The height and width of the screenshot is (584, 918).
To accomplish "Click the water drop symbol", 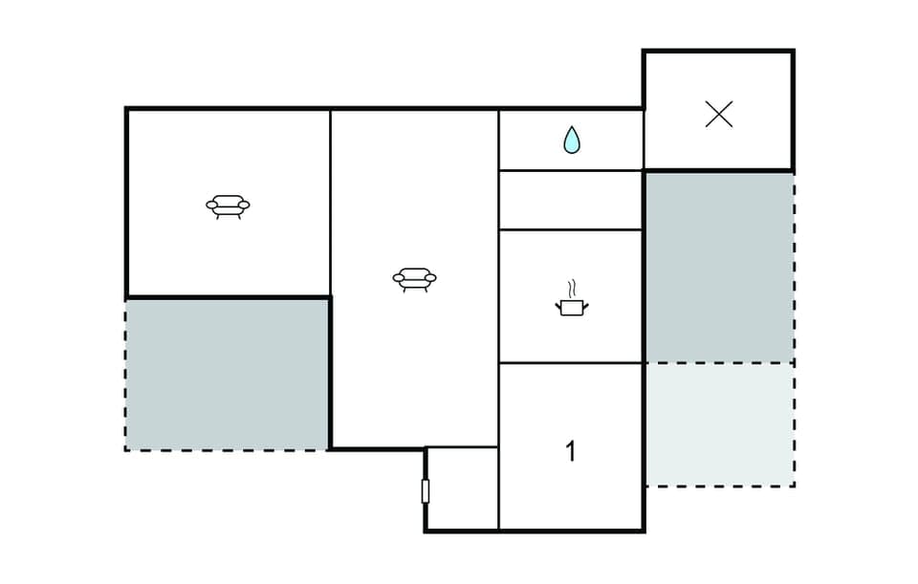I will (x=571, y=141).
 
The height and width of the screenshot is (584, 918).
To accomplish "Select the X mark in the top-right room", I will (x=718, y=115).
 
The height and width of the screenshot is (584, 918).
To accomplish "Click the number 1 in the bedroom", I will (x=571, y=451).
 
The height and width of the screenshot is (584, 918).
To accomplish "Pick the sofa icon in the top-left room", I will (x=228, y=206).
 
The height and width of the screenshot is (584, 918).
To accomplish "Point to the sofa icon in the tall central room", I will (x=414, y=279).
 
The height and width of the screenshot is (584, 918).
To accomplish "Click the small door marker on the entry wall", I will (x=425, y=491).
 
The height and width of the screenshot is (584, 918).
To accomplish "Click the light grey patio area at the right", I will (x=719, y=423).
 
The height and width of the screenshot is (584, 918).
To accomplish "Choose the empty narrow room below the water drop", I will (x=571, y=200).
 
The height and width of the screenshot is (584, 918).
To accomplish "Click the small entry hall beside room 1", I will (x=462, y=487).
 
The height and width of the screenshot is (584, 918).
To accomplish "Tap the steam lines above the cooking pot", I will (x=571, y=288).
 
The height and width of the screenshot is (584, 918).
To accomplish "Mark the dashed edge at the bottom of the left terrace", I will (x=228, y=450).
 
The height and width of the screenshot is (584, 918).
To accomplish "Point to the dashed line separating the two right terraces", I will (x=719, y=362).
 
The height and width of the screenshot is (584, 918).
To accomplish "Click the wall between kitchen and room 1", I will (x=571, y=363).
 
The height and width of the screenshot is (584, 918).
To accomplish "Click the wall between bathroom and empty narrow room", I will (x=571, y=170).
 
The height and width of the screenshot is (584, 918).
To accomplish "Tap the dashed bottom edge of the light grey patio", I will (x=719, y=486).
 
